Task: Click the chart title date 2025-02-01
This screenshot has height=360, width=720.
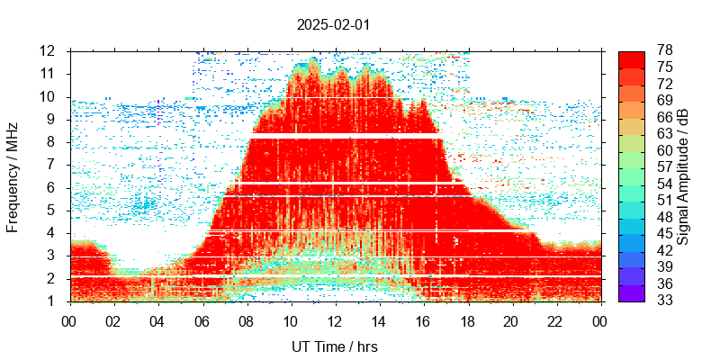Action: coord(333,24)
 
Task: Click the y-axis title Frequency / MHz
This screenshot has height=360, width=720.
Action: coord(13,175)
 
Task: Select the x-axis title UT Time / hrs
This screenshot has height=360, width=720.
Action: coord(334,346)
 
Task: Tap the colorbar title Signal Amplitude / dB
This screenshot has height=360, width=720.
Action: coord(683,175)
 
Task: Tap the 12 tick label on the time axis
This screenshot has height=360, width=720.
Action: coord(334,319)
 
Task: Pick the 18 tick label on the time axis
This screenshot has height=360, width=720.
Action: coord(467,319)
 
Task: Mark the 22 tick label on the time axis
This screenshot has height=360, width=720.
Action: coord(555,319)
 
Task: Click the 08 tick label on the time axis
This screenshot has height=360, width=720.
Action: coord(246,319)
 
